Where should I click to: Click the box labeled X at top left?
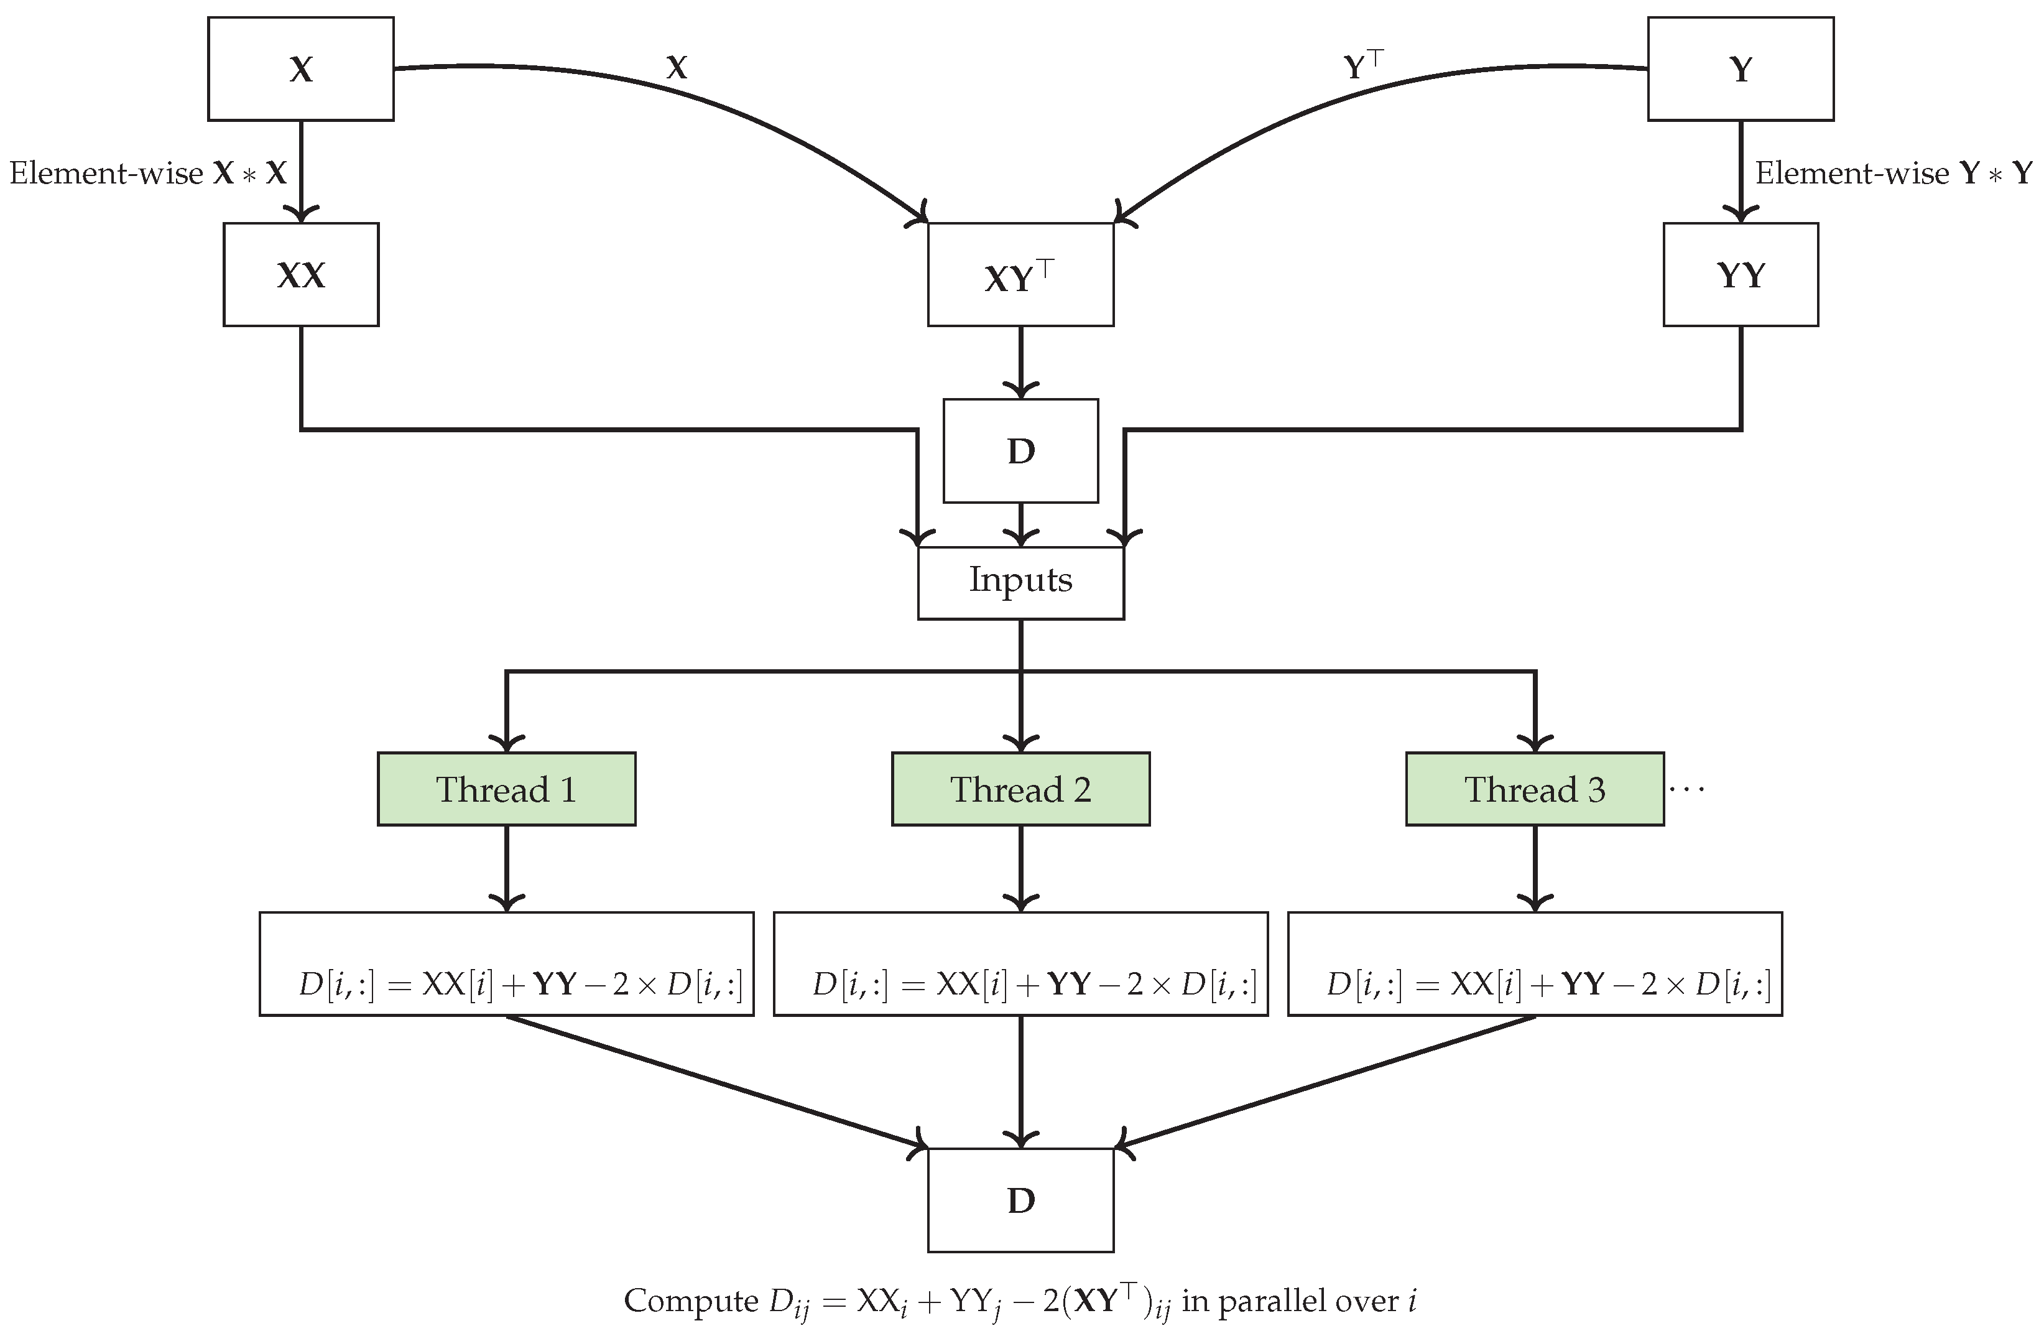coord(300,69)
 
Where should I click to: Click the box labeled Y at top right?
coord(1740,69)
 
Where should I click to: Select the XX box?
coord(300,275)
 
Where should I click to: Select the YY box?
coord(1740,275)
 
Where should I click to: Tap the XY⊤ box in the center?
coord(1020,275)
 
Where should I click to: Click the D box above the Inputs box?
coord(1020,450)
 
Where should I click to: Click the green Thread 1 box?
coord(507,789)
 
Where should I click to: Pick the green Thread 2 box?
coord(1020,789)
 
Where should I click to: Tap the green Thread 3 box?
coord(1534,789)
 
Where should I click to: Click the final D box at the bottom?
coord(1020,1200)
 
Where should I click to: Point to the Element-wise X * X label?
coord(148,174)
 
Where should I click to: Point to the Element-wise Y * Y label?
coord(1893,174)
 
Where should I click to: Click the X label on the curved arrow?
coord(677,68)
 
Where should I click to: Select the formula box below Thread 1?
coord(507,964)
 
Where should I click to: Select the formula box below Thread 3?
coord(1535,964)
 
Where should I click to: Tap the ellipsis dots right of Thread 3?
coord(1686,789)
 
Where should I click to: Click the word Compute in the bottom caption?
coord(690,1301)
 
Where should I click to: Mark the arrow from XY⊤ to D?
coord(1020,361)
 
